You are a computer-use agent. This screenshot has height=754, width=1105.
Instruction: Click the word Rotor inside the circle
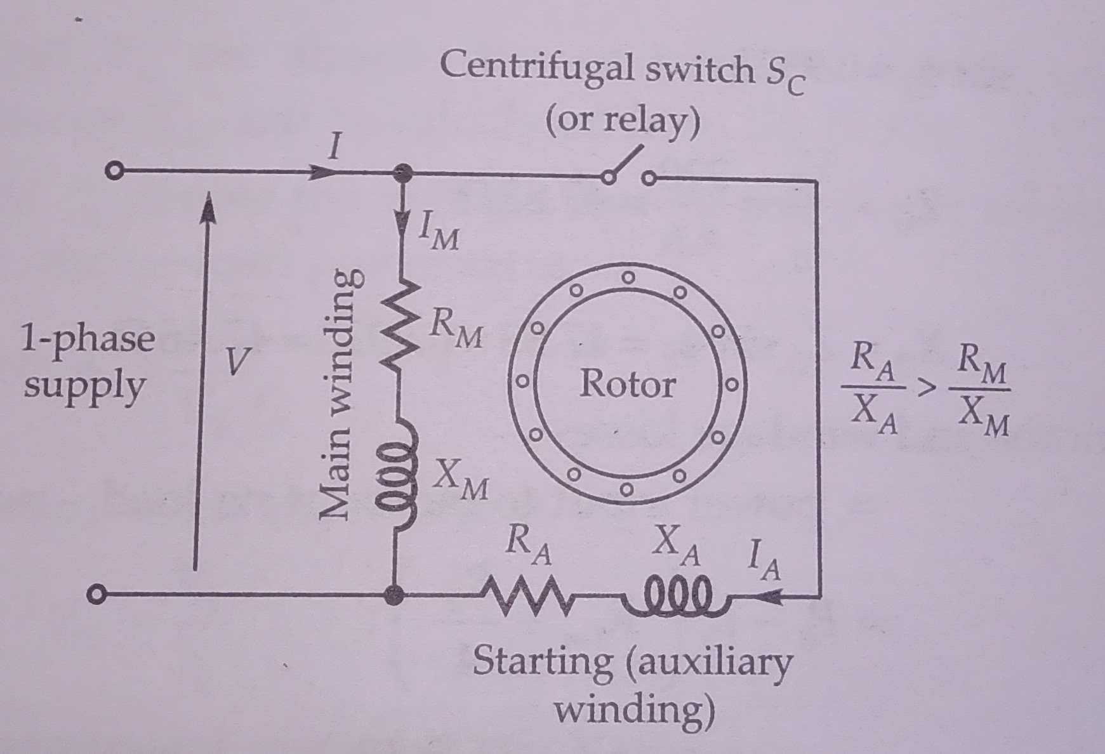pyautogui.click(x=627, y=385)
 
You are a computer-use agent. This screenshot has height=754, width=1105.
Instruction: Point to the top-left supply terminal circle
pyautogui.click(x=114, y=172)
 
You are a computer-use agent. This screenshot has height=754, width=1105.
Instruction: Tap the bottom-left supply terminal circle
pyautogui.click(x=95, y=595)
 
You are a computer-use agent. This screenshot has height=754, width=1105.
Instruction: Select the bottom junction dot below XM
pyautogui.click(x=395, y=595)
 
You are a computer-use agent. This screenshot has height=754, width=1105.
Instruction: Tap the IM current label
pyautogui.click(x=438, y=236)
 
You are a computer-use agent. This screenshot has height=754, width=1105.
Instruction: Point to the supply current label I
pyautogui.click(x=333, y=150)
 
